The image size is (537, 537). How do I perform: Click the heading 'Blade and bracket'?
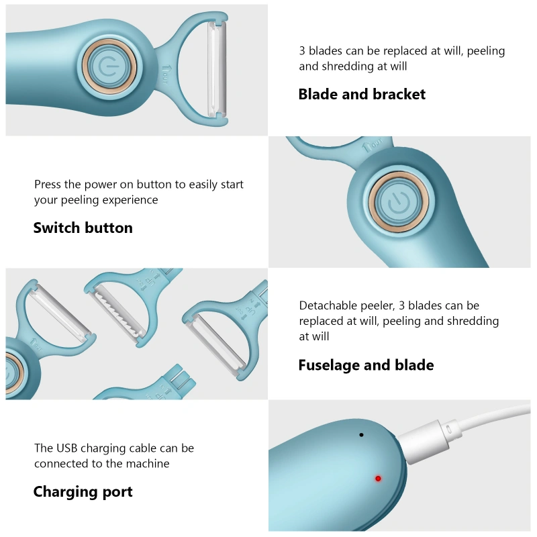[362, 94]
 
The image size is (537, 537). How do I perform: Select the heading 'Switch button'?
[83, 228]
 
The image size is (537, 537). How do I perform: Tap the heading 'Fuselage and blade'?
[366, 365]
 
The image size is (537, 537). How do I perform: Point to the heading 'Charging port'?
[83, 492]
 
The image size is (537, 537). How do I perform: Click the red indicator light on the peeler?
[378, 479]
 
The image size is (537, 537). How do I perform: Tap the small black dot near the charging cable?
[361, 435]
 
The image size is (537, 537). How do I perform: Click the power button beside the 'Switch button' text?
[398, 202]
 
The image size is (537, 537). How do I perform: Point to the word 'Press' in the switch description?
[48, 184]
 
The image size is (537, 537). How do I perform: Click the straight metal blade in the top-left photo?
[217, 68]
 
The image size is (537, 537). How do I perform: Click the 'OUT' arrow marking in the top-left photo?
[165, 74]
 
